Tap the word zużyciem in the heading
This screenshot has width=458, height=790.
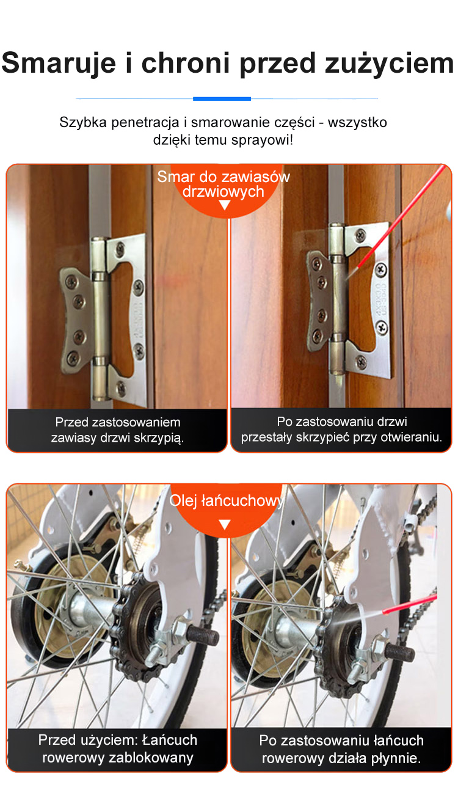pos(389,64)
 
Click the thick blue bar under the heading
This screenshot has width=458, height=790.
pos(222,99)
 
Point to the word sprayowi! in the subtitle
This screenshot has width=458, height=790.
pos(262,141)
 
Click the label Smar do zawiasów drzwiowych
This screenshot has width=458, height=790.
pos(224,184)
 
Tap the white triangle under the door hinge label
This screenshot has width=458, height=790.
pos(225,205)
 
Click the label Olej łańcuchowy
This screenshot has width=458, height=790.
pos(226,501)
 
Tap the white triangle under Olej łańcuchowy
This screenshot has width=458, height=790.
pos(225,524)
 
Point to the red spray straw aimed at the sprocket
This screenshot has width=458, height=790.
pos(410,604)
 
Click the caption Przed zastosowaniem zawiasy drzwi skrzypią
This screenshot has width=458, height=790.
pos(117,430)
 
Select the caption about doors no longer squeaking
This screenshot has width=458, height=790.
pos(341,429)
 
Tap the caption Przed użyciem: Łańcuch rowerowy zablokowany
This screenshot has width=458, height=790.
pos(117,748)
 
